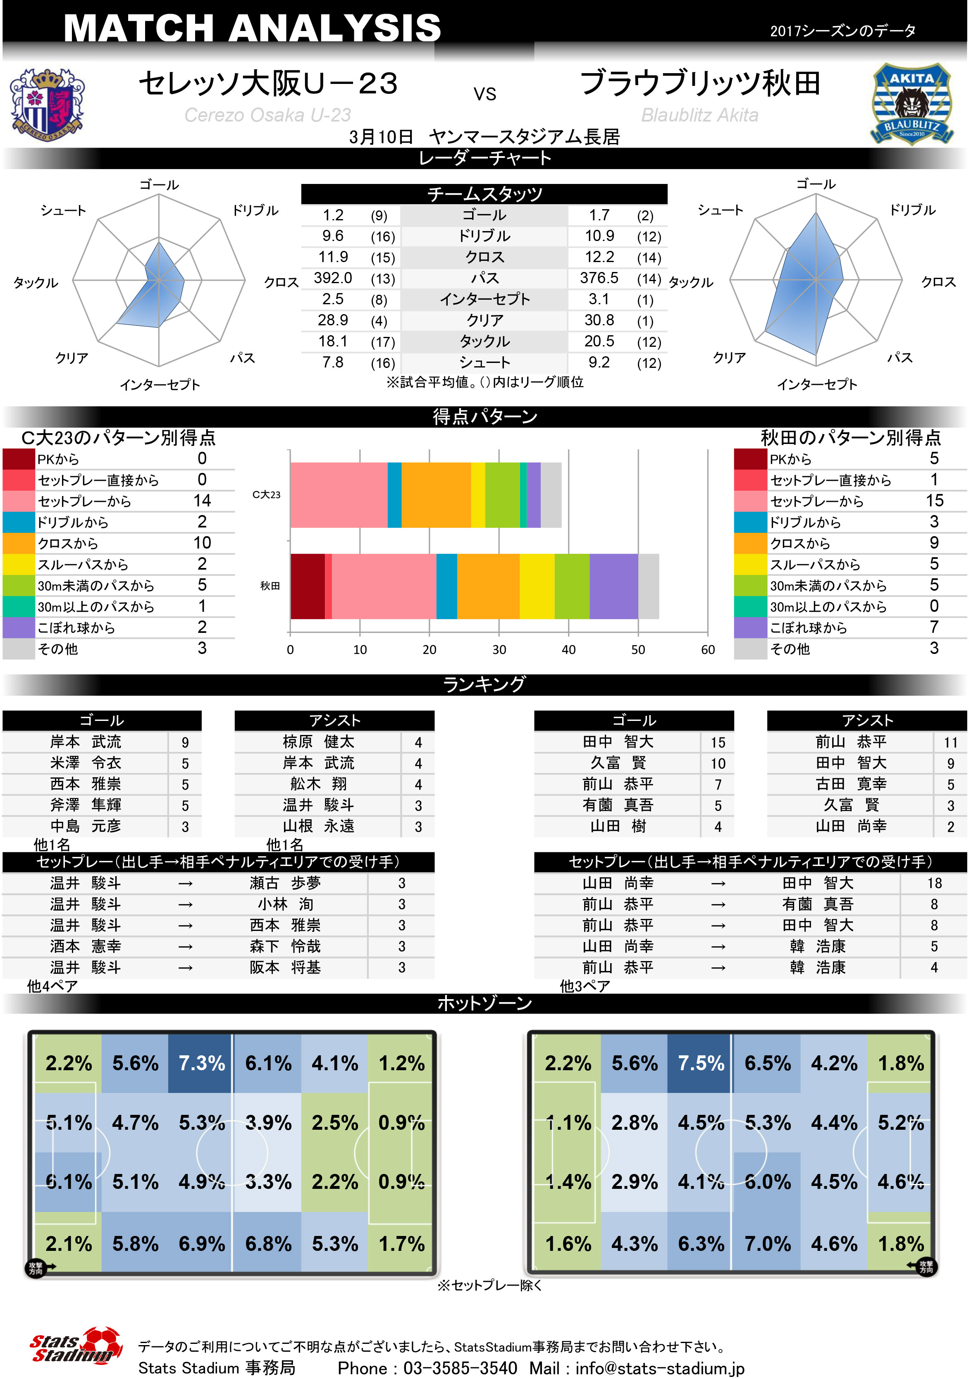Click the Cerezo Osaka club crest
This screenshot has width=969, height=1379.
46,105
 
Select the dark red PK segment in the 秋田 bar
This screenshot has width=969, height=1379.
307,586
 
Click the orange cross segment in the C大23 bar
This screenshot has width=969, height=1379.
436,495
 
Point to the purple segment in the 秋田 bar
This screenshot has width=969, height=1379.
613,586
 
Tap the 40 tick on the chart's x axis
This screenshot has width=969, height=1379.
568,649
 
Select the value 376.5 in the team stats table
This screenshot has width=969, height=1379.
599,278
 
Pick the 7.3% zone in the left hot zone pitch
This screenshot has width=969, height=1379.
201,1063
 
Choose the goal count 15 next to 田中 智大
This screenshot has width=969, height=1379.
718,742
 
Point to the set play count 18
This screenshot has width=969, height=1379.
934,883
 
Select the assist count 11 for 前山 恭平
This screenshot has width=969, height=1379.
950,742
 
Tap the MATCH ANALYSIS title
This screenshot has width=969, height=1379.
252,28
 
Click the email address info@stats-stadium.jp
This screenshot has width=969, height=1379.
660,1368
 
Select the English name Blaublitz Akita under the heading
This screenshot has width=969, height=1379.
699,115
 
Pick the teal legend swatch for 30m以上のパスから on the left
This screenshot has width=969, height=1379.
19,606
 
